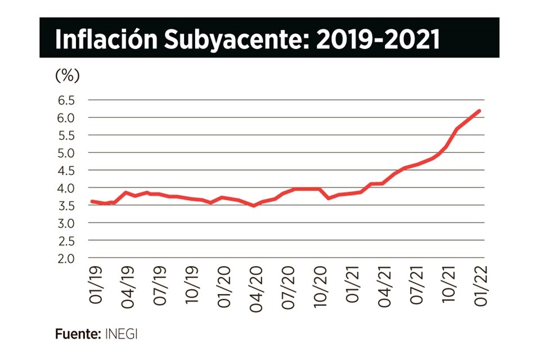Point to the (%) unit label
[67, 75]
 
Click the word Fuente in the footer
[78, 334]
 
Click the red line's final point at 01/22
[479, 111]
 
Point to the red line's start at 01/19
[92, 201]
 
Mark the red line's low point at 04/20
[254, 205]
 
